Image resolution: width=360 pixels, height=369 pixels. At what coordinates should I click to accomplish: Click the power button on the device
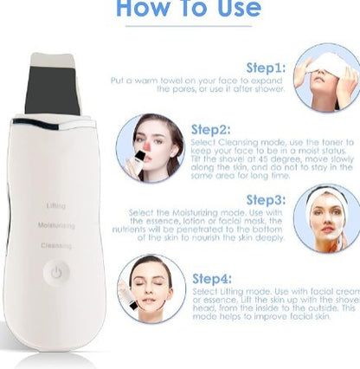(56, 271)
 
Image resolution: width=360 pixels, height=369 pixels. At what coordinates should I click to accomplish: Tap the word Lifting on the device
(55, 205)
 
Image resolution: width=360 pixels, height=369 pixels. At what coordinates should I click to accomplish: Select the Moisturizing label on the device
(55, 225)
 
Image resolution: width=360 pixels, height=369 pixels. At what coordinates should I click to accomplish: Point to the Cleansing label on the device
(55, 245)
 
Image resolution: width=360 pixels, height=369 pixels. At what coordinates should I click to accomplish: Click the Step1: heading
(265, 67)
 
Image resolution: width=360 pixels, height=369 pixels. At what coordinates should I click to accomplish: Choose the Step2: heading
(211, 128)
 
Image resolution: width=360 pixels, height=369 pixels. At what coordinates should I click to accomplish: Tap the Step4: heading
(211, 278)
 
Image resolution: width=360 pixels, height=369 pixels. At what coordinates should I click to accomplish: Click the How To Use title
(188, 10)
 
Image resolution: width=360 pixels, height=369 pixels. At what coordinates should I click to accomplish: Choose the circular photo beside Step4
(151, 288)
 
